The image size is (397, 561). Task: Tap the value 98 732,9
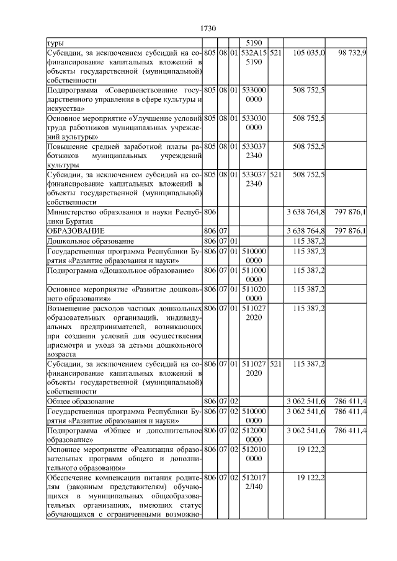352,54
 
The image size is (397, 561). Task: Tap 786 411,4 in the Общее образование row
349,402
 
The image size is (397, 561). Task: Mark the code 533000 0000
253,94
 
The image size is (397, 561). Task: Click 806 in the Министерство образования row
210,213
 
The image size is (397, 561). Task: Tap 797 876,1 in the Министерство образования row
349,213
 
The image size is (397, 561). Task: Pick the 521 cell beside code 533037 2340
276,175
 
